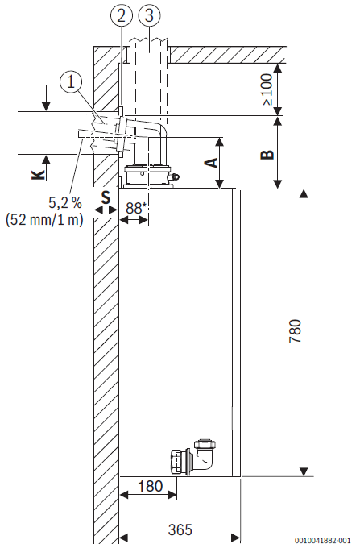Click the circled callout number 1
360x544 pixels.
pyautogui.click(x=71, y=82)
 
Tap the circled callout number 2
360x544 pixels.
pyautogui.click(x=122, y=15)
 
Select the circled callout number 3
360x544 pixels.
pyautogui.click(x=149, y=15)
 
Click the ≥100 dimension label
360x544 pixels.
pyautogui.click(x=267, y=89)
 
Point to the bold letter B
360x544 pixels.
pyautogui.click(x=267, y=154)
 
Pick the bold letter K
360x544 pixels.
pyautogui.click(x=38, y=175)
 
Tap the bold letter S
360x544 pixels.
pyautogui.click(x=106, y=197)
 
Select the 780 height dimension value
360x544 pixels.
pyautogui.click(x=295, y=332)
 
